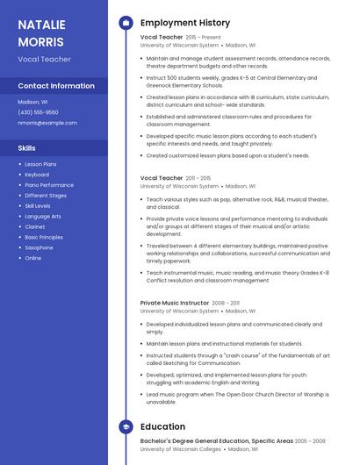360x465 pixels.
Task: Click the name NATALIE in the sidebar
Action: pos(43,25)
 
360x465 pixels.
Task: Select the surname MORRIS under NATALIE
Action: pos(40,41)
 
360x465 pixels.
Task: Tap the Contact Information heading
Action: pos(56,86)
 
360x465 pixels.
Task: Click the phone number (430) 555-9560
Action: pos(38,112)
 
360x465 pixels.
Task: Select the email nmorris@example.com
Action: pos(47,123)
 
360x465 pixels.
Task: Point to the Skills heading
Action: pos(26,148)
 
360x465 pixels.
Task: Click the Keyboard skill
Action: pos(37,175)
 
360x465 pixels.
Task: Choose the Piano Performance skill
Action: pos(49,185)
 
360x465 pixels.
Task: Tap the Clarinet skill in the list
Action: pos(35,227)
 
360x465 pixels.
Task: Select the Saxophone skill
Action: pos(39,247)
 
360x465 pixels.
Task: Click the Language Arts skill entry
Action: pos(43,217)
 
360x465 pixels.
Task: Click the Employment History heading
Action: pos(185,23)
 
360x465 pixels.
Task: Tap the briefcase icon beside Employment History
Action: pos(126,23)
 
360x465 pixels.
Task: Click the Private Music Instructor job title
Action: pos(174,303)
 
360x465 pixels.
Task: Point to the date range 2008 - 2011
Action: pos(226,303)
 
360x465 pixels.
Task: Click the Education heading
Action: pos(162,427)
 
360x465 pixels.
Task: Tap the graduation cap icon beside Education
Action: pos(126,427)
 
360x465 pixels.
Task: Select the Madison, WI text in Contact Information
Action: pos(32,102)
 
